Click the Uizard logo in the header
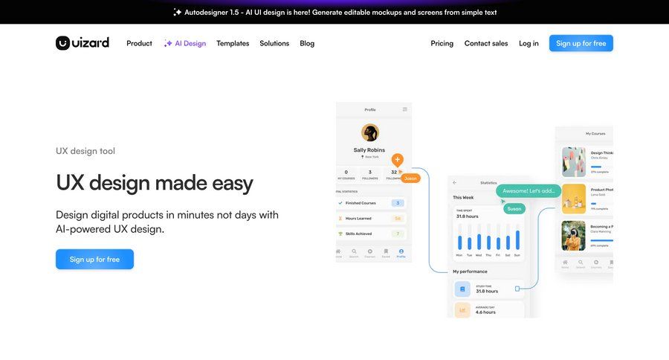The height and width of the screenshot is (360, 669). [x=83, y=43]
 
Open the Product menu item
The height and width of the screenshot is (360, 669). [x=139, y=43]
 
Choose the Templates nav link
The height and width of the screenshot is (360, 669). [x=233, y=43]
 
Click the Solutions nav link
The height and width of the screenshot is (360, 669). [x=274, y=43]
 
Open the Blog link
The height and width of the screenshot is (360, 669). [x=307, y=43]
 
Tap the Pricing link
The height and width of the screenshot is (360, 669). [x=442, y=43]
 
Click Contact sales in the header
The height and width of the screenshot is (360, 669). [x=486, y=43]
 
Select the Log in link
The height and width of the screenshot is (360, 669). [x=529, y=43]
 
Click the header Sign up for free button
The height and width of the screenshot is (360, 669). [x=581, y=43]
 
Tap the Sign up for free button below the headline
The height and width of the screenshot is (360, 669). [x=94, y=259]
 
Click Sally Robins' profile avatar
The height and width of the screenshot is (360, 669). [x=369, y=132]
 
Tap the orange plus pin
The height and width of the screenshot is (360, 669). [x=397, y=159]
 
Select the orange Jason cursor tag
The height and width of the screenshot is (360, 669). [x=410, y=179]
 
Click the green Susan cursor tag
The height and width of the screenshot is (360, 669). [x=514, y=209]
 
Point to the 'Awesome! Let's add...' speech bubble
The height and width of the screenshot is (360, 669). [x=528, y=191]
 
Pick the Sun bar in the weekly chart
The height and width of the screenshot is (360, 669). [x=517, y=240]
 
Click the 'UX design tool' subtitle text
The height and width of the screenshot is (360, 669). [x=85, y=151]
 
